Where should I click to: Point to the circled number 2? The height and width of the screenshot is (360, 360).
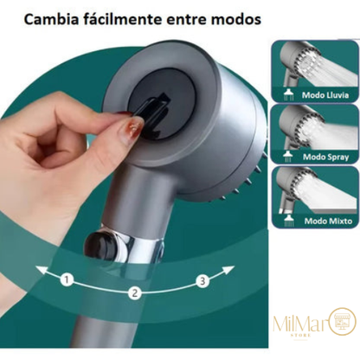[134, 293]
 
